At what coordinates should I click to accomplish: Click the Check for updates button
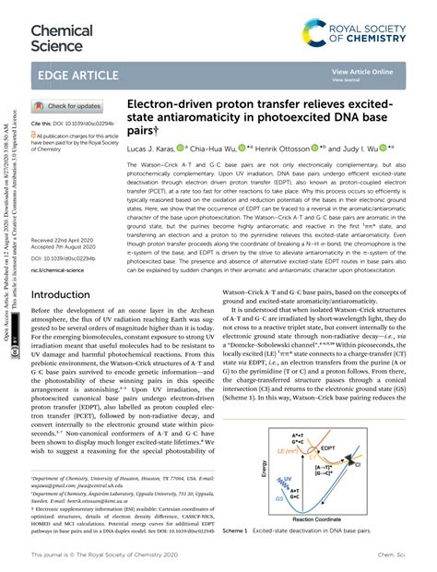click(68, 106)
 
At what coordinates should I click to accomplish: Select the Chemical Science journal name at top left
click(62, 37)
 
